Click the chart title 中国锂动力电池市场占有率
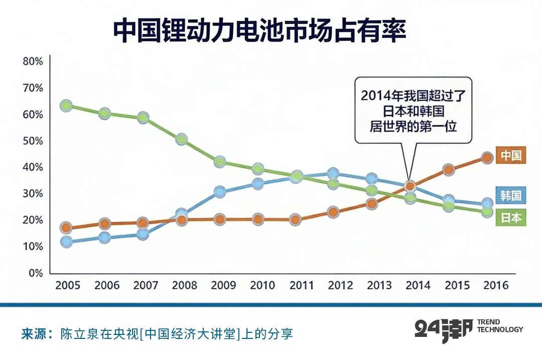tap(259, 31)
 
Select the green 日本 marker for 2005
tap(66, 106)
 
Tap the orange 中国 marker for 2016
tap(487, 158)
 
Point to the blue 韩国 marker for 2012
tap(333, 174)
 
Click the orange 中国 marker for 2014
tap(410, 186)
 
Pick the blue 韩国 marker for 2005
tap(66, 242)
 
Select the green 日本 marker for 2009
tap(219, 162)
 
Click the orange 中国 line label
tap(511, 155)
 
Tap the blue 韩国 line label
tap(511, 195)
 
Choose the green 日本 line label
tap(511, 218)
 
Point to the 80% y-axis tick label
tap(33, 62)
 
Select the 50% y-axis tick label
tap(33, 141)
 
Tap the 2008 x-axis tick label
tap(185, 286)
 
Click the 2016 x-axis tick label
tap(495, 286)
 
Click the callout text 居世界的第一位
tap(413, 126)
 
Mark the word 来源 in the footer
tap(33, 334)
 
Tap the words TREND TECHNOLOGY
tap(499, 326)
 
